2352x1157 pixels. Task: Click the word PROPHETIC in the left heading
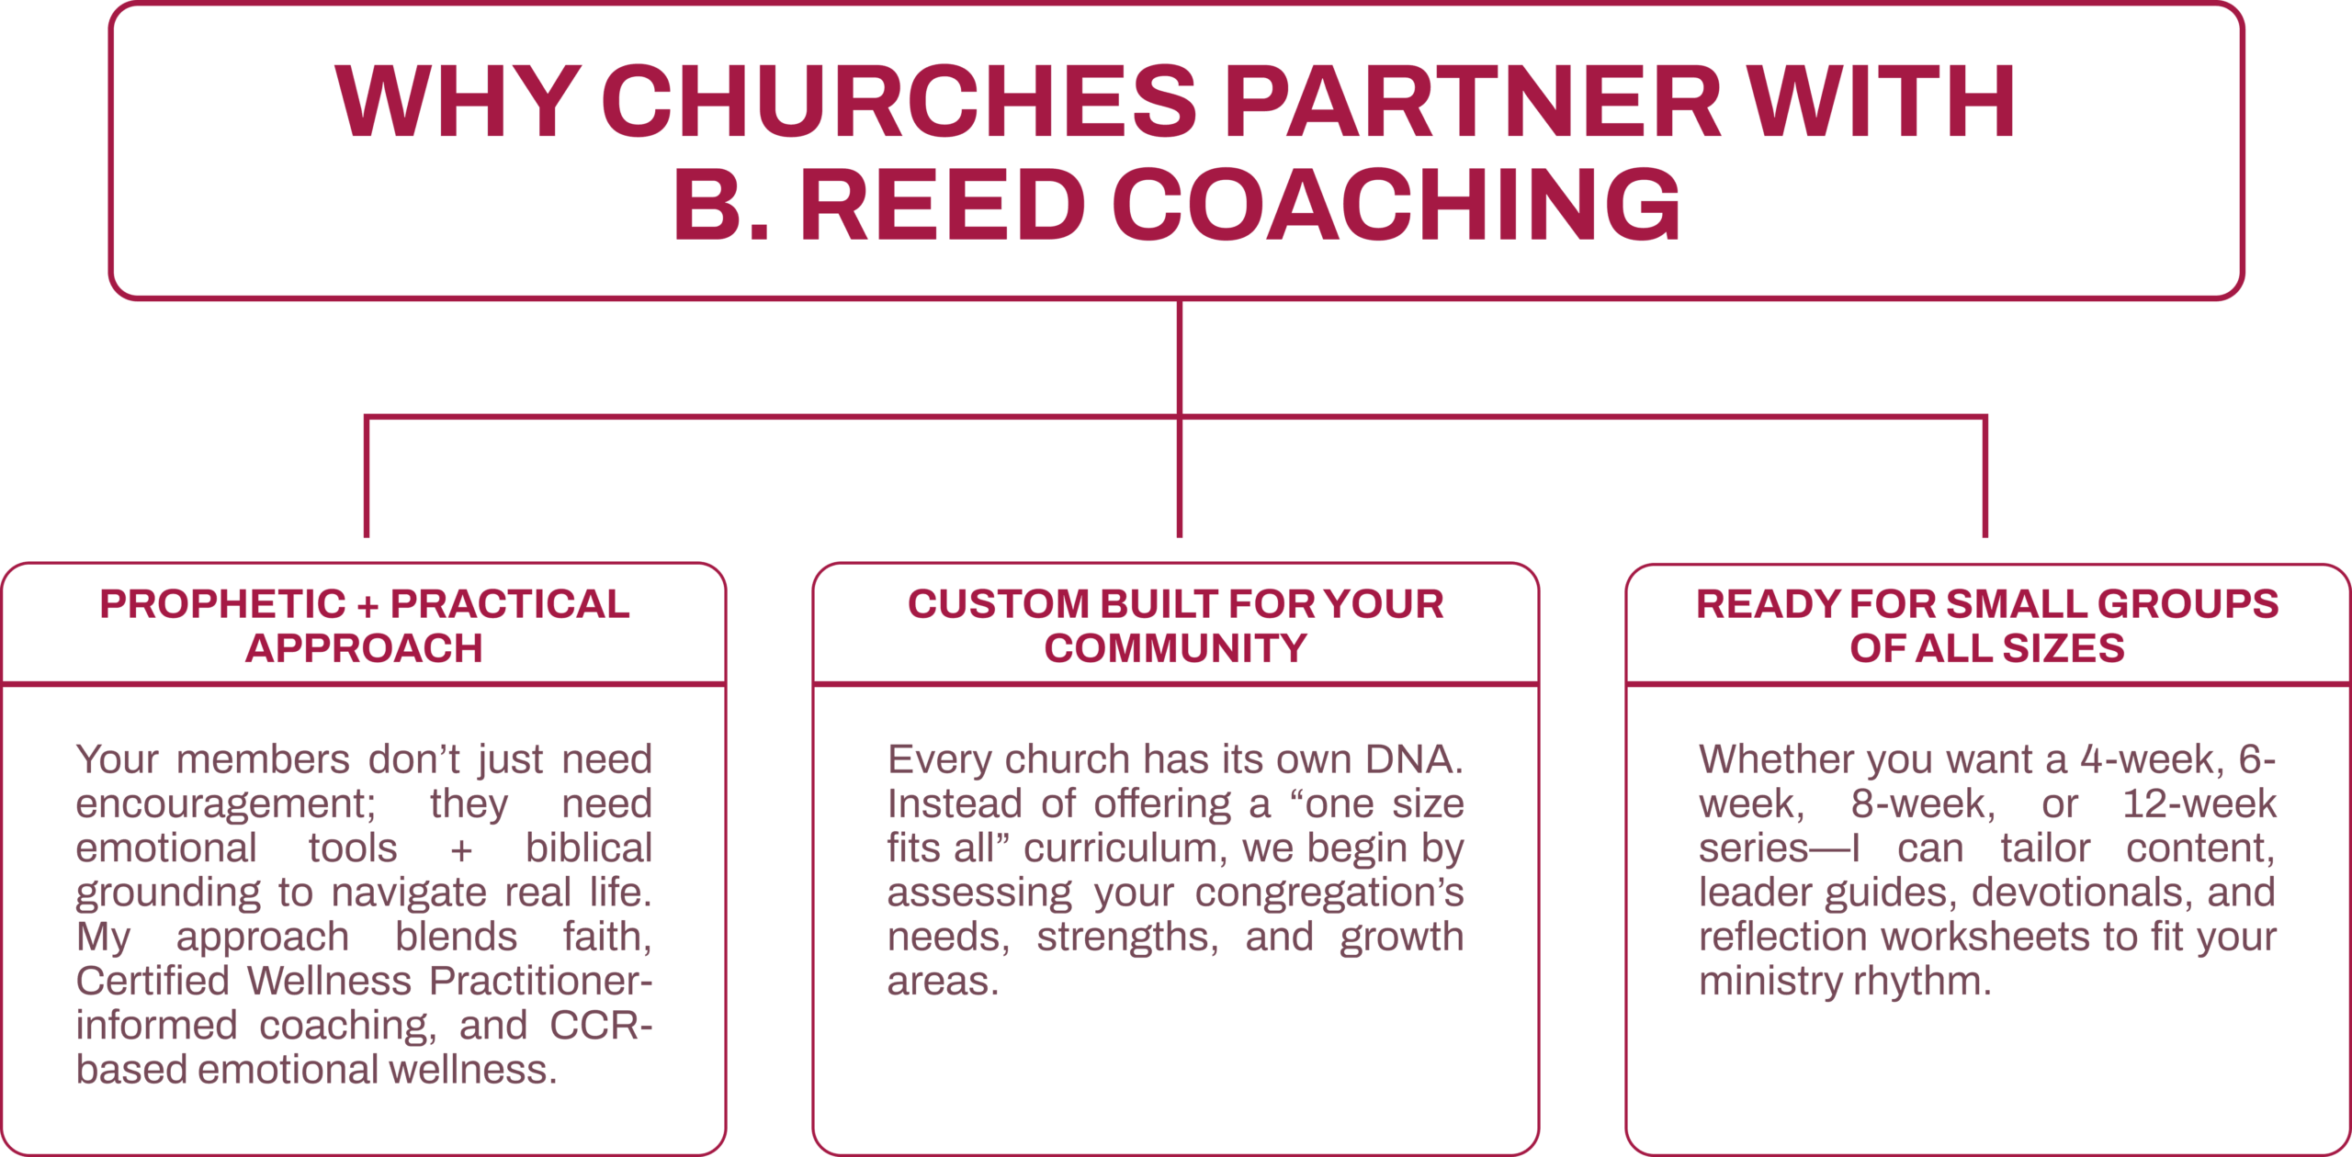[x=222, y=604]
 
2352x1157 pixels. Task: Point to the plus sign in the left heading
[x=367, y=607]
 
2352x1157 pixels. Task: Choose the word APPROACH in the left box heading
[x=364, y=648]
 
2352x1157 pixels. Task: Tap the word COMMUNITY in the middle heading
[x=1175, y=648]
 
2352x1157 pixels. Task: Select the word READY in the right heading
[x=1768, y=604]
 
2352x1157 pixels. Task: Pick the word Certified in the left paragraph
[x=153, y=981]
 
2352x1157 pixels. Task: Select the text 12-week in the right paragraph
[x=2199, y=804]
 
